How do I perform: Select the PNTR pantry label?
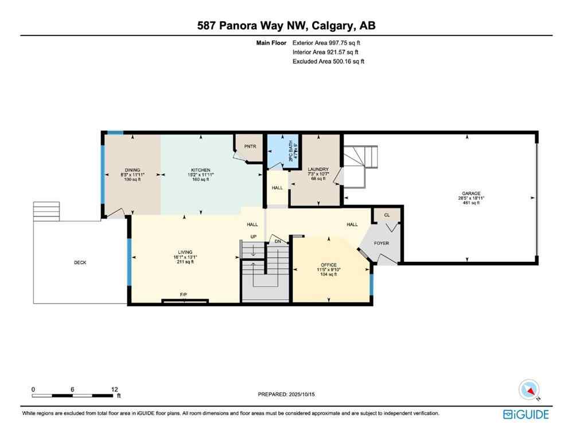pyautogui.click(x=250, y=146)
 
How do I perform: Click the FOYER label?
pyautogui.click(x=381, y=243)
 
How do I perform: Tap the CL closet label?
pyautogui.click(x=387, y=215)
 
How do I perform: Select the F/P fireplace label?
pyautogui.click(x=184, y=295)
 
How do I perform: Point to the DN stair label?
pyautogui.click(x=278, y=242)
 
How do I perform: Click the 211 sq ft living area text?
pyautogui.click(x=185, y=262)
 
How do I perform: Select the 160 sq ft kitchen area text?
pyautogui.click(x=201, y=179)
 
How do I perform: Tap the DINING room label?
pyautogui.click(x=132, y=170)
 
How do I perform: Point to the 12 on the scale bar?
pyautogui.click(x=115, y=389)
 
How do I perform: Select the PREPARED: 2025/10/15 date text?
pyautogui.click(x=287, y=394)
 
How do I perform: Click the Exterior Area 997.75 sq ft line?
pyautogui.click(x=326, y=42)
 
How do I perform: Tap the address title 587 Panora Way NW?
pyautogui.click(x=286, y=25)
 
